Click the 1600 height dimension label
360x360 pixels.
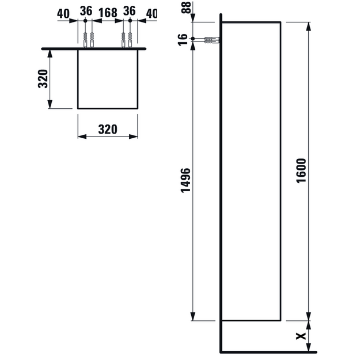pos(301,170)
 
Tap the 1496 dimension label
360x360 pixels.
pos(185,180)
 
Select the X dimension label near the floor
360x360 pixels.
pos(301,336)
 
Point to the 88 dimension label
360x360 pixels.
pos(186,7)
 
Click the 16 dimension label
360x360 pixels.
pos(183,40)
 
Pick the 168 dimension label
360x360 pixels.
pos(108,13)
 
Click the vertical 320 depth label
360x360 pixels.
pos(43,79)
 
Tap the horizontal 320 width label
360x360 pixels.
pos(108,129)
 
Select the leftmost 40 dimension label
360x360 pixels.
pos(63,14)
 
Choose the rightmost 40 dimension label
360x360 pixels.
pos(151,14)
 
